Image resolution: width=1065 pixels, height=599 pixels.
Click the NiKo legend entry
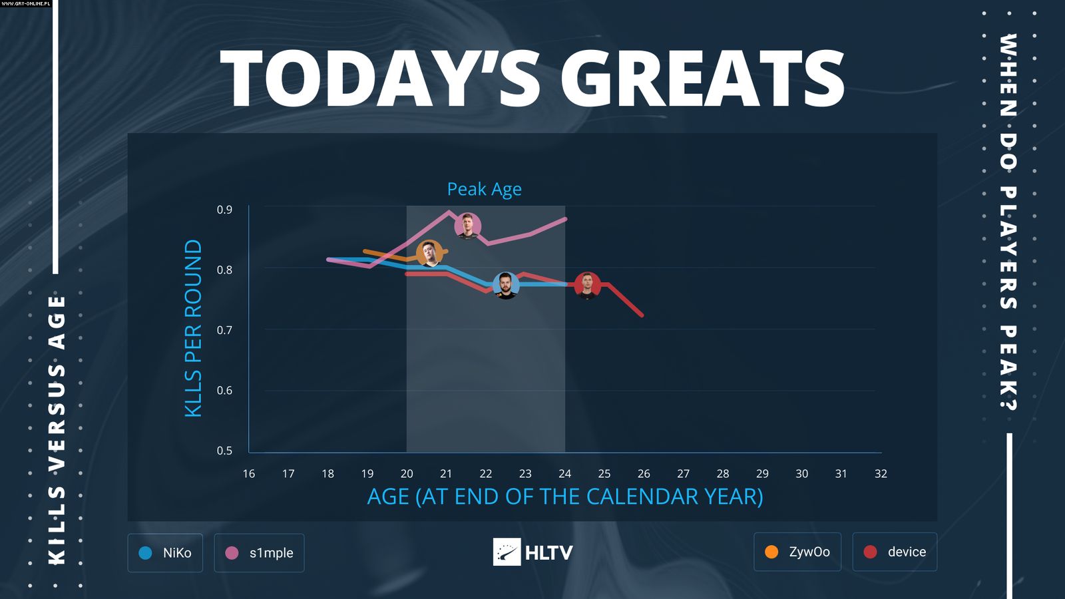pyautogui.click(x=165, y=552)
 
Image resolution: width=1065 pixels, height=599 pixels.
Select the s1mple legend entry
pyautogui.click(x=259, y=552)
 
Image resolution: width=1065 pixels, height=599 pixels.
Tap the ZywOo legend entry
pyautogui.click(x=797, y=552)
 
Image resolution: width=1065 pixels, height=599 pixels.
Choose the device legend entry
pyautogui.click(x=895, y=552)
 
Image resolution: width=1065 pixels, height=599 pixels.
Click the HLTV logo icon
pyautogui.click(x=507, y=552)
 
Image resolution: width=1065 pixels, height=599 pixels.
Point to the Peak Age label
pyautogui.click(x=484, y=189)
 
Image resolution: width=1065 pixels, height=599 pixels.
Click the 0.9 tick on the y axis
pyautogui.click(x=224, y=210)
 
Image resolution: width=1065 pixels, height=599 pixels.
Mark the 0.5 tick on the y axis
pyautogui.click(x=224, y=451)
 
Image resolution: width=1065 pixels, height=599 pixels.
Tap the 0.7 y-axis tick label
pyautogui.click(x=224, y=330)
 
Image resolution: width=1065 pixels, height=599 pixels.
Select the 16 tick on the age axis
pyautogui.click(x=249, y=474)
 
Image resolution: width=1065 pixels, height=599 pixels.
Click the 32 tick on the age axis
pyautogui.click(x=881, y=474)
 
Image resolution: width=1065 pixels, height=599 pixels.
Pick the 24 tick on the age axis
pyautogui.click(x=564, y=474)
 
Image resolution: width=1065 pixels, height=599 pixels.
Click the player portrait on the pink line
pyautogui.click(x=468, y=226)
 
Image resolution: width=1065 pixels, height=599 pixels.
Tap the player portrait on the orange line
pyautogui.click(x=429, y=254)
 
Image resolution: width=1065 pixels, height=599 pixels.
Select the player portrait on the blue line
pyautogui.click(x=506, y=286)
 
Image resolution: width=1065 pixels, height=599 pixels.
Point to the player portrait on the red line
pyautogui.click(x=587, y=286)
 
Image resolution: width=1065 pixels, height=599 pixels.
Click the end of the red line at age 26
pyautogui.click(x=642, y=315)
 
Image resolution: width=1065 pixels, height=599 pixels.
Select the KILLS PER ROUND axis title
pyautogui.click(x=193, y=328)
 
